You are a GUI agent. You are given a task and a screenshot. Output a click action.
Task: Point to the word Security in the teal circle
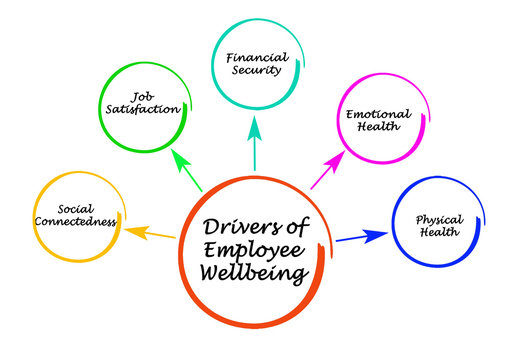(x=254, y=72)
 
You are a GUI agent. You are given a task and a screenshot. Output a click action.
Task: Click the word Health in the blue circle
(x=439, y=233)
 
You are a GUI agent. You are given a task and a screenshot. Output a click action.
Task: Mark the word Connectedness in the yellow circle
(x=75, y=221)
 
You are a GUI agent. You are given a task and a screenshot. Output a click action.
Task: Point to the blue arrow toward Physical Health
(x=360, y=238)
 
